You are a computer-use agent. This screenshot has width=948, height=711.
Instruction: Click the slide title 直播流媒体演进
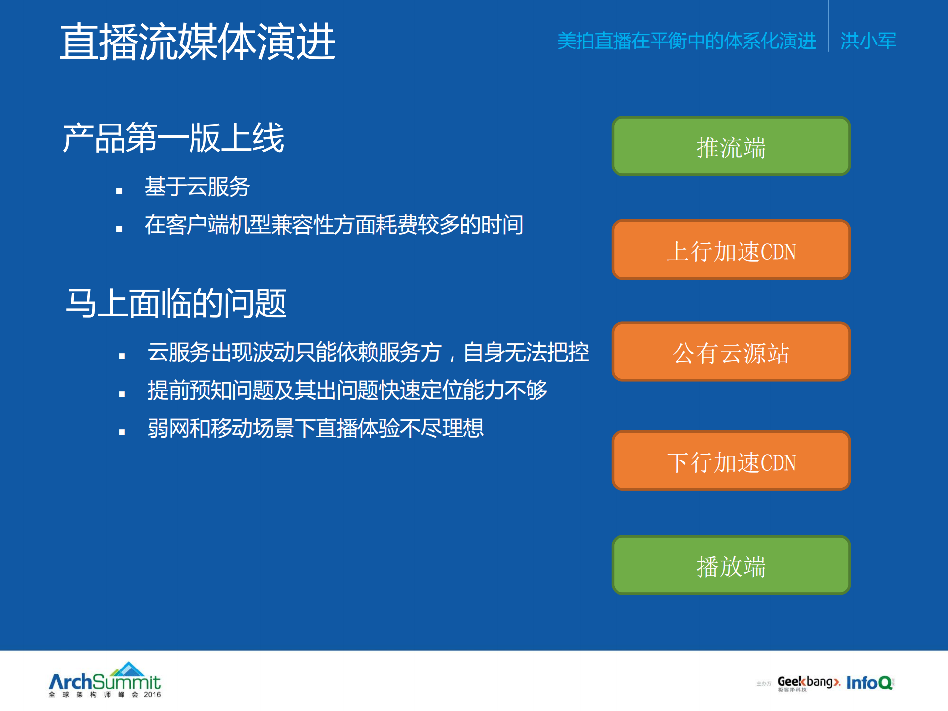(x=198, y=42)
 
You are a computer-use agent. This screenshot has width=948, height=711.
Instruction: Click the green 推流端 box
(x=731, y=147)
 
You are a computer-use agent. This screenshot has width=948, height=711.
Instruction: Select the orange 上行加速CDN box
(x=731, y=251)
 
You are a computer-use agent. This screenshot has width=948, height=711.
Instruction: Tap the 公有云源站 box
(x=731, y=352)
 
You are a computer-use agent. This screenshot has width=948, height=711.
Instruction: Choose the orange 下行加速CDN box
(x=731, y=461)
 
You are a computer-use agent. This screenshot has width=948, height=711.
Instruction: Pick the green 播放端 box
(x=731, y=565)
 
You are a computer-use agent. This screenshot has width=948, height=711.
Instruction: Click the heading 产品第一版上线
(x=173, y=138)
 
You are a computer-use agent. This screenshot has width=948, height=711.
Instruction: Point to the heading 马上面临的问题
(x=176, y=303)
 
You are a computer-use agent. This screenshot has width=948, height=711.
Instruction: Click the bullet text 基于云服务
(x=197, y=187)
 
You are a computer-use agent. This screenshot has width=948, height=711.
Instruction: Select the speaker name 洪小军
(x=868, y=41)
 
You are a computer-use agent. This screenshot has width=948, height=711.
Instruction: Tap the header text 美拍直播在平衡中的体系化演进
(x=686, y=41)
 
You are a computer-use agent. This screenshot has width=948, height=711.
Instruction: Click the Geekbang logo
(x=808, y=683)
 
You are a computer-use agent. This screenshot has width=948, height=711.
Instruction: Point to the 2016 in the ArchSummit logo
(x=152, y=694)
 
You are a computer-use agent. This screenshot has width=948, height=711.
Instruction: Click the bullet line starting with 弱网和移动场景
(x=315, y=428)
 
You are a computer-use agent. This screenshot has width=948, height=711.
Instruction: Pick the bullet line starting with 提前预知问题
(x=347, y=390)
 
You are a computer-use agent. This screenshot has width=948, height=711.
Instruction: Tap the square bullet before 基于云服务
(x=119, y=190)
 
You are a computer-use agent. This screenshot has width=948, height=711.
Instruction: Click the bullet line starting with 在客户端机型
(x=333, y=225)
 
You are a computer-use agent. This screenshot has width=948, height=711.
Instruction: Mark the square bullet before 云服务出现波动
(x=122, y=356)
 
